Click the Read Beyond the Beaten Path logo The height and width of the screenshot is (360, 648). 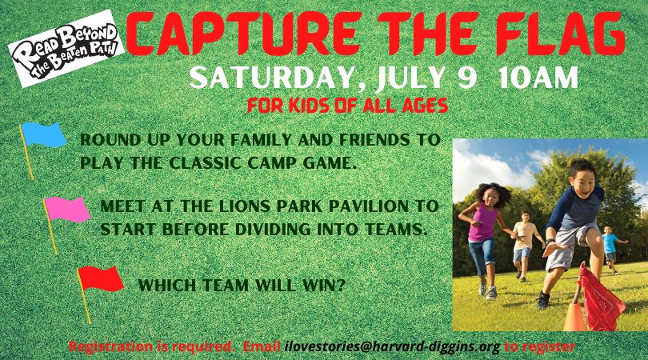pos(66,48)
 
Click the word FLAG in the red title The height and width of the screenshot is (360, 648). pos(561,34)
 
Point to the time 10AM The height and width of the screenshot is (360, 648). pos(538,78)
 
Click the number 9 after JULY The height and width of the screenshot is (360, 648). pos(467,78)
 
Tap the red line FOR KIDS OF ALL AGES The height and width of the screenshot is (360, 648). pos(347,106)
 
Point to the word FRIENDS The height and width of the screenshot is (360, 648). pos(375,140)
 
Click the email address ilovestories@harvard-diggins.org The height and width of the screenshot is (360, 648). pos(393,346)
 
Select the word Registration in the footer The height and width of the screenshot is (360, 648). pos(110,346)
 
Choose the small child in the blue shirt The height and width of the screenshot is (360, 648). pos(611,249)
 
